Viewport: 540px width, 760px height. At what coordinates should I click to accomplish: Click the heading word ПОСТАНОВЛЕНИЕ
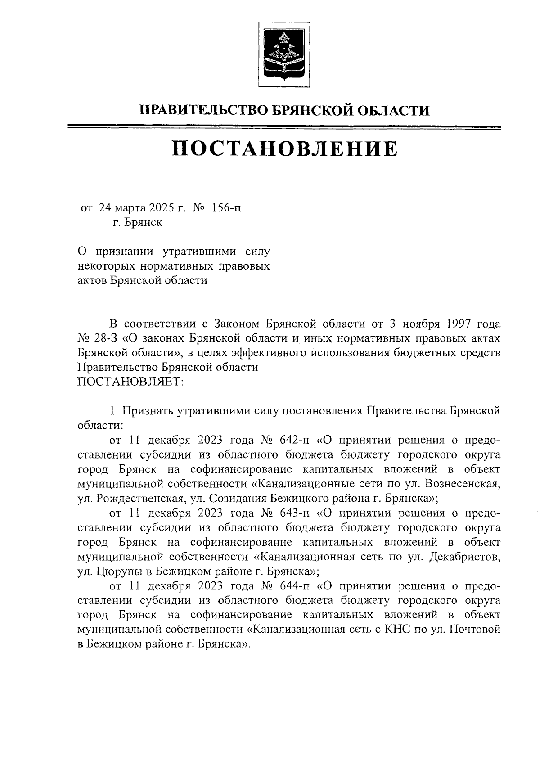[x=284, y=149]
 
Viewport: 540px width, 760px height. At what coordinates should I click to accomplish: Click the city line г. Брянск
[x=137, y=222]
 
